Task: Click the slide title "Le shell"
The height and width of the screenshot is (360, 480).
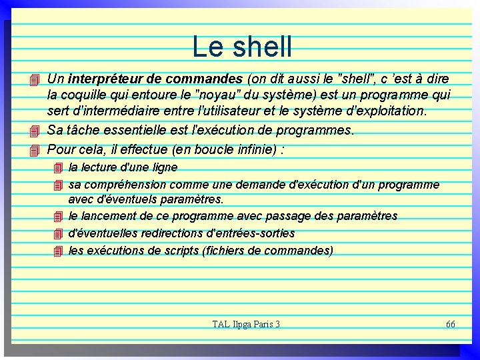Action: pos(242,47)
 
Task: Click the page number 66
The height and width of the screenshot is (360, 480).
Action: pos(450,324)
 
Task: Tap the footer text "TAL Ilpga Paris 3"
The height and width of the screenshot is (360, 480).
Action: pos(246,324)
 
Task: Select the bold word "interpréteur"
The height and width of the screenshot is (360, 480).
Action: pos(99,79)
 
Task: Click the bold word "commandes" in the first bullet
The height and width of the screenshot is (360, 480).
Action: pos(205,79)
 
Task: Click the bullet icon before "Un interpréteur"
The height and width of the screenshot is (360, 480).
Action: pos(36,80)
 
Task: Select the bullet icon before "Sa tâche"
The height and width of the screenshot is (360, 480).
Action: pos(36,131)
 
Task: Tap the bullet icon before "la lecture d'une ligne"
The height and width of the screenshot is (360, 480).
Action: pos(58,168)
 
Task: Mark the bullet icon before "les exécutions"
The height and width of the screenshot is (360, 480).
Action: pos(58,251)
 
